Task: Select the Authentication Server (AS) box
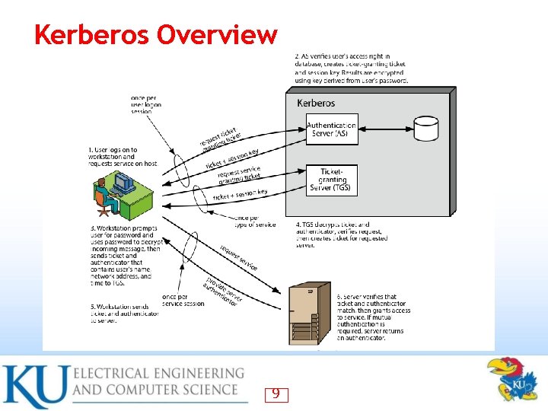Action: pyautogui.click(x=331, y=129)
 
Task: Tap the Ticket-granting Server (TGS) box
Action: pyautogui.click(x=331, y=180)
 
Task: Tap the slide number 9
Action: pyautogui.click(x=276, y=393)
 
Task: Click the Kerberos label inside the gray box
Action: pyautogui.click(x=315, y=103)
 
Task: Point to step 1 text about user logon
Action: pyautogui.click(x=123, y=157)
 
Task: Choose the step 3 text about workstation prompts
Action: pyautogui.click(x=125, y=255)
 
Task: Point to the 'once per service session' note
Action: pyautogui.click(x=183, y=299)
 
